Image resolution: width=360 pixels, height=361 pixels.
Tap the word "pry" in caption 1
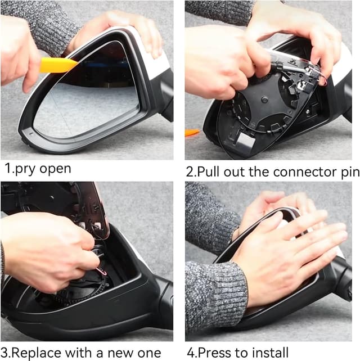pyautogui.click(x=25, y=169)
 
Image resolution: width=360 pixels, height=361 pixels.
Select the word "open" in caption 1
pyautogui.click(x=55, y=169)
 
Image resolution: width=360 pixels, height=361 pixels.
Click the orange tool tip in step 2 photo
pyautogui.click(x=192, y=133)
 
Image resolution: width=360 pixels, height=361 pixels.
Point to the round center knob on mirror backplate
pyautogui.click(x=264, y=99)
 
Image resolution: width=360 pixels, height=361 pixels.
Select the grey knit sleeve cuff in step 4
pyautogui.click(x=215, y=296)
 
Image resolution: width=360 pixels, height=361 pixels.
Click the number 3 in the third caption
pyautogui.click(x=5, y=353)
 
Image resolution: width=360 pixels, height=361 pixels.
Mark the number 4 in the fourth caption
pyautogui.click(x=191, y=353)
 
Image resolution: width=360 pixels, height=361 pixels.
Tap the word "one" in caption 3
pyautogui.click(x=150, y=354)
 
